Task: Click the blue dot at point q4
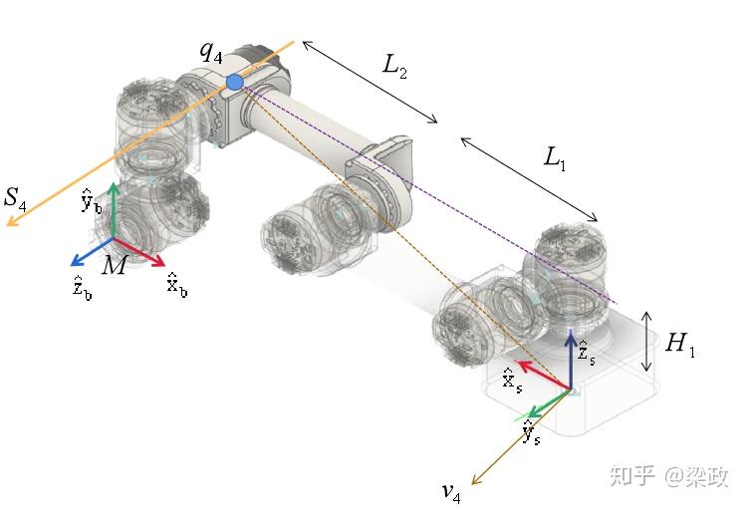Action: click(234, 83)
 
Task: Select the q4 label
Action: click(211, 52)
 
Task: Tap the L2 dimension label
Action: click(395, 66)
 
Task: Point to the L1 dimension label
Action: click(555, 158)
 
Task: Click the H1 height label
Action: click(680, 344)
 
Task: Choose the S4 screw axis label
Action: click(15, 199)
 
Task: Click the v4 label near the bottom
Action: click(451, 492)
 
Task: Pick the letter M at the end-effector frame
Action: click(115, 265)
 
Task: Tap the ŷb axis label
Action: click(91, 201)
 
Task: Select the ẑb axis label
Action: click(82, 288)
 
